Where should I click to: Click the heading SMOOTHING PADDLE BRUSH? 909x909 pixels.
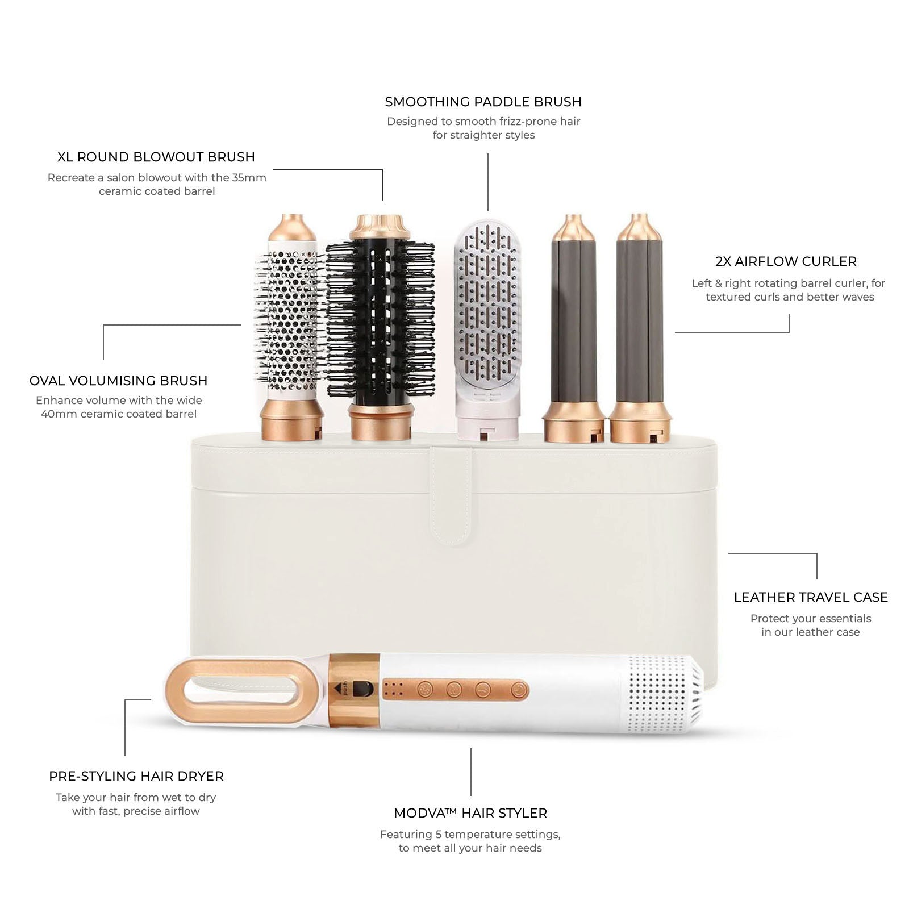point(483,102)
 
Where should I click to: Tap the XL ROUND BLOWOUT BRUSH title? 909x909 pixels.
point(156,157)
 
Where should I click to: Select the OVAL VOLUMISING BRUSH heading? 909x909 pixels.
point(118,381)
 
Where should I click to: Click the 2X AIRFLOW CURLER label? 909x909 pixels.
point(786,261)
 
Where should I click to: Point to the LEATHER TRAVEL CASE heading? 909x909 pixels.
point(810,597)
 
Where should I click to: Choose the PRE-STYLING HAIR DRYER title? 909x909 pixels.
point(136,776)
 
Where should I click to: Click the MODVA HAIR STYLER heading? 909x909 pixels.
point(470,813)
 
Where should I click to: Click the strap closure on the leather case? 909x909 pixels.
point(451,494)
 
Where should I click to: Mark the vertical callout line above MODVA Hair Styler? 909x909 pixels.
point(470,771)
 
